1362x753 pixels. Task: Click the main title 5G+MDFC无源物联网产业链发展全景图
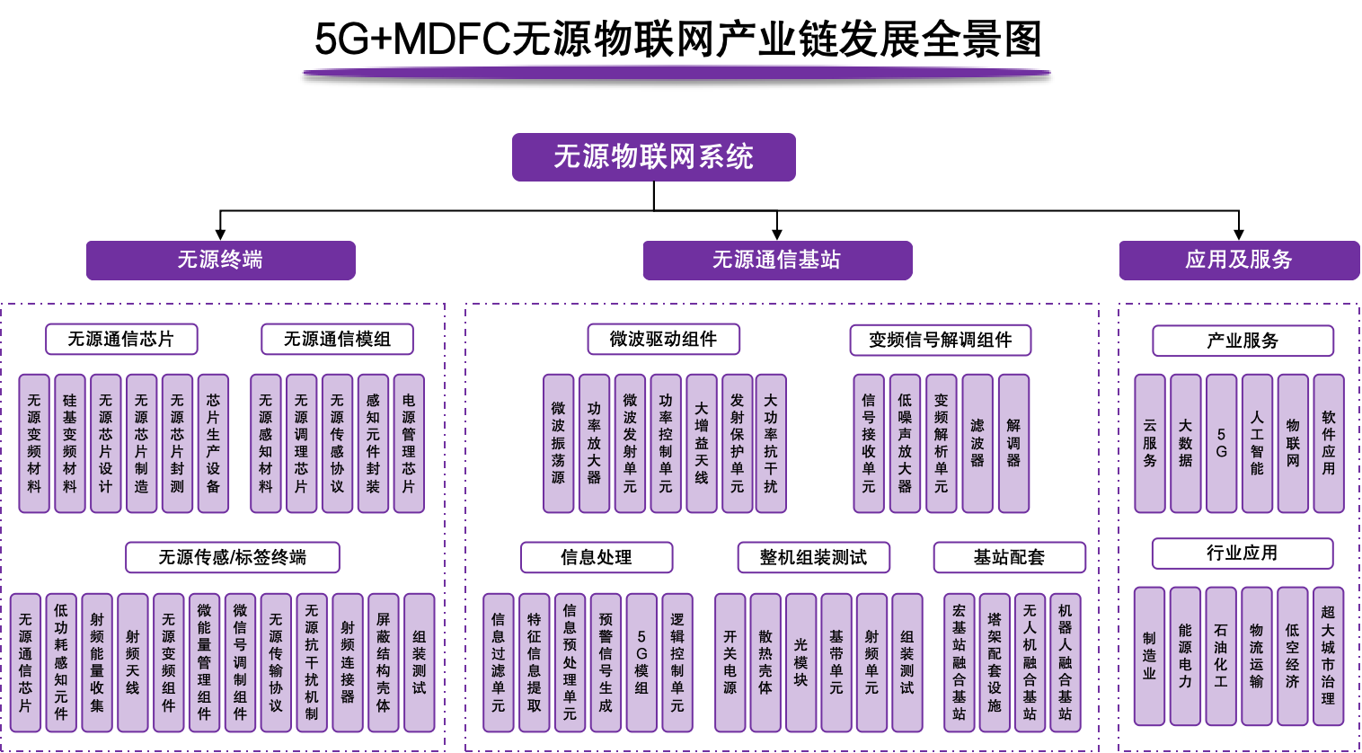[677, 40]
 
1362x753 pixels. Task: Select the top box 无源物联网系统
[653, 157]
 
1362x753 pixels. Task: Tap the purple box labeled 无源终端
[220, 261]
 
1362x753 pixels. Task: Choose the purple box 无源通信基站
[777, 261]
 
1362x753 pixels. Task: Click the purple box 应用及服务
[1239, 261]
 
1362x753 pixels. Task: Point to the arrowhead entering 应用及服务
[1239, 234]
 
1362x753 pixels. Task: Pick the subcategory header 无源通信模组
[337, 340]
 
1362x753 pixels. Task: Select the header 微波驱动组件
[663, 340]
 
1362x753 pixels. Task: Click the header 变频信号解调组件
[940, 341]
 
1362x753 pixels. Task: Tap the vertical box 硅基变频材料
[70, 444]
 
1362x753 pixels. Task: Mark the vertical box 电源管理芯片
[409, 444]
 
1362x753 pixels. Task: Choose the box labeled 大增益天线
[701, 444]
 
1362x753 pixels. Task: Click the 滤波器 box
[977, 444]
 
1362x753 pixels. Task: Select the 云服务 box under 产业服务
[1150, 444]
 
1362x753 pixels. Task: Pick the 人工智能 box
[1257, 444]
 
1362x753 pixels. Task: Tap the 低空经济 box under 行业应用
[1292, 656]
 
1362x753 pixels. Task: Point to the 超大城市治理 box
[1328, 656]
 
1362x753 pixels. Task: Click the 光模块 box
[800, 662]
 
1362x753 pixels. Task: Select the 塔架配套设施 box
[995, 662]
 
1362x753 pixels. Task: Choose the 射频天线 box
[133, 662]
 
